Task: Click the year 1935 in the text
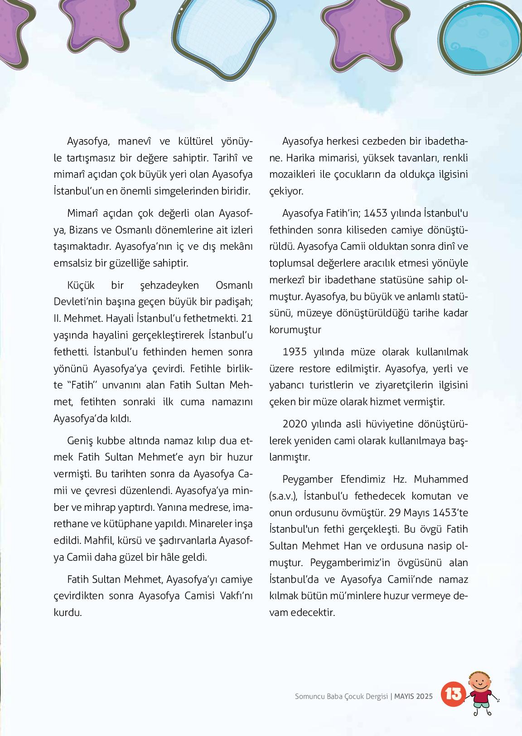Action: (x=295, y=352)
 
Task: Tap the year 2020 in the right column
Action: (x=295, y=424)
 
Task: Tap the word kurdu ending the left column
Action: (x=68, y=613)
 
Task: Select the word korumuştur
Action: (x=295, y=329)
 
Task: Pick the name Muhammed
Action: (x=441, y=479)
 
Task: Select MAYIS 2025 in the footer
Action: (x=413, y=696)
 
